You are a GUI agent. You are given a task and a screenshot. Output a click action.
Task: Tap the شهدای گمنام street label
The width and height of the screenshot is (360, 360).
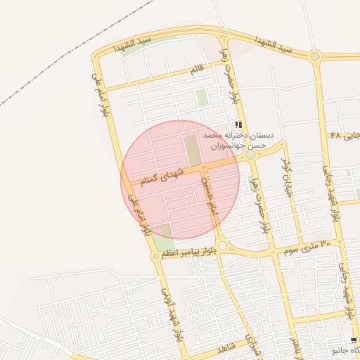point(162,175)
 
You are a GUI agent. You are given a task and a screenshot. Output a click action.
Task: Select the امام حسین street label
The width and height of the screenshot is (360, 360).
point(208,195)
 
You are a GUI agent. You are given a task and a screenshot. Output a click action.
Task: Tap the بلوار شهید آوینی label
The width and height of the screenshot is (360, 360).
point(172,310)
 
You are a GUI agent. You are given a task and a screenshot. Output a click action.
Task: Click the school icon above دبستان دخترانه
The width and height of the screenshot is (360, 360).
point(238,124)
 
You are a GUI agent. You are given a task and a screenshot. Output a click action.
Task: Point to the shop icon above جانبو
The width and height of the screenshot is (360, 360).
point(354,340)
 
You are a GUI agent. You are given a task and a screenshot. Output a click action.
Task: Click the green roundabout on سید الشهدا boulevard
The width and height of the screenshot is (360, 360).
point(315,56)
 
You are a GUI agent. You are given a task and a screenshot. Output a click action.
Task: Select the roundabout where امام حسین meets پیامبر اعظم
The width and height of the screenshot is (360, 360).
point(223,245)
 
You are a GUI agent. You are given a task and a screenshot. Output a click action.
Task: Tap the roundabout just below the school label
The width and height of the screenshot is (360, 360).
point(250,155)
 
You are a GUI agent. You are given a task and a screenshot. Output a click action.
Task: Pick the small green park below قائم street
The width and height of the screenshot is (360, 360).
point(202,98)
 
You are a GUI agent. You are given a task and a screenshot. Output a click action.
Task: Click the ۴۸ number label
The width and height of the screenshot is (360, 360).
point(335,134)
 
